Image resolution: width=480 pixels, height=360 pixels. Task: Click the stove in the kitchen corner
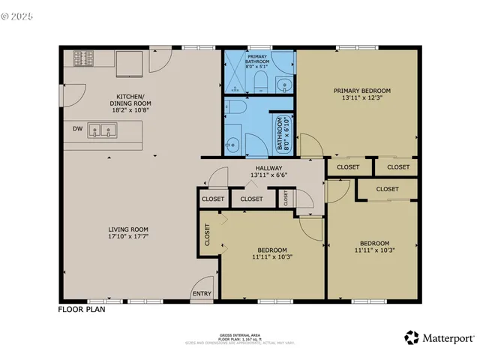pyautogui.click(x=83, y=58)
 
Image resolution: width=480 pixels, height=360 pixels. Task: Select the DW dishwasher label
pyautogui.click(x=78, y=129)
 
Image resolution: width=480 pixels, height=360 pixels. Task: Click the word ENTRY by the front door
pyautogui.click(x=202, y=294)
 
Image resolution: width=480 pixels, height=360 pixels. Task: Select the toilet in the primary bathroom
pyautogui.click(x=260, y=80)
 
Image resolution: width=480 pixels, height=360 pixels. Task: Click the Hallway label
pyautogui.click(x=268, y=168)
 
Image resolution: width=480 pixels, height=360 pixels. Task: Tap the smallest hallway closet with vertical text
pyautogui.click(x=286, y=198)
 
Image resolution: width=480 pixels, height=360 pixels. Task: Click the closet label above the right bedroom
pyautogui.click(x=387, y=189)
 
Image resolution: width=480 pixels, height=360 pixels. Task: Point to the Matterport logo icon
pyautogui.click(x=412, y=338)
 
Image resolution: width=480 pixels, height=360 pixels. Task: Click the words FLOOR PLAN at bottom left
pyautogui.click(x=82, y=308)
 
